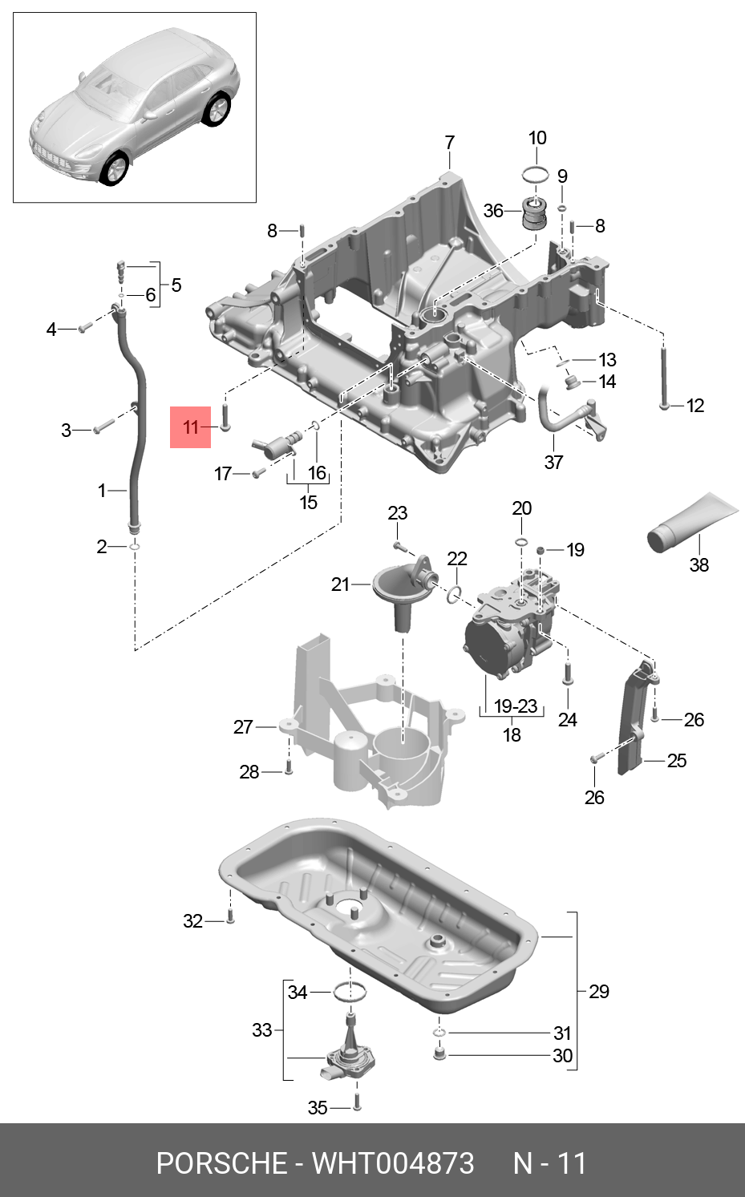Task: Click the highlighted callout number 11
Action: [190, 427]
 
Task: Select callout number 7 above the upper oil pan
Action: [450, 143]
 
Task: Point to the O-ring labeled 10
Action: [536, 175]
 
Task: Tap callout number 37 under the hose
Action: [553, 462]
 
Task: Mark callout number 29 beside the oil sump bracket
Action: [599, 992]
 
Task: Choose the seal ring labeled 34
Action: [350, 993]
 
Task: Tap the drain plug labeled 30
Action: [439, 1053]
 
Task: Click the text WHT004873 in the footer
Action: [393, 1163]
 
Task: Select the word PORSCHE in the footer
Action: [221, 1163]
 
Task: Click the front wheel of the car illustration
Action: [115, 169]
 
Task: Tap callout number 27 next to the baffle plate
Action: [243, 727]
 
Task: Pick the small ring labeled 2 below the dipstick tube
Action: [135, 547]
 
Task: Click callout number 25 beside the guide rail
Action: [677, 760]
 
